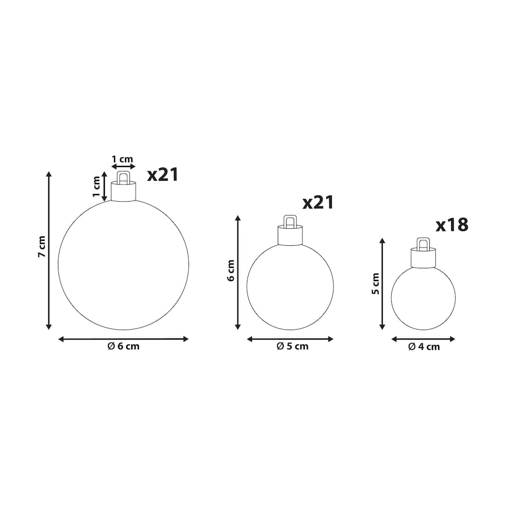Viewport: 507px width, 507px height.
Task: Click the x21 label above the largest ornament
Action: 163,175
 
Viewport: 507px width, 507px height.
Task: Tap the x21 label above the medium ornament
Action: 318,203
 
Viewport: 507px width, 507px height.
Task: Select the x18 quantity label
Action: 452,225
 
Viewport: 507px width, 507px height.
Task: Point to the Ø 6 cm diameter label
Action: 123,347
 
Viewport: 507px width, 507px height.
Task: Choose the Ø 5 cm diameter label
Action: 293,347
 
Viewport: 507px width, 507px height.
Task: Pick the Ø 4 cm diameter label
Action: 424,347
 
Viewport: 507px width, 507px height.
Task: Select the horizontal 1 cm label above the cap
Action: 122,159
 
